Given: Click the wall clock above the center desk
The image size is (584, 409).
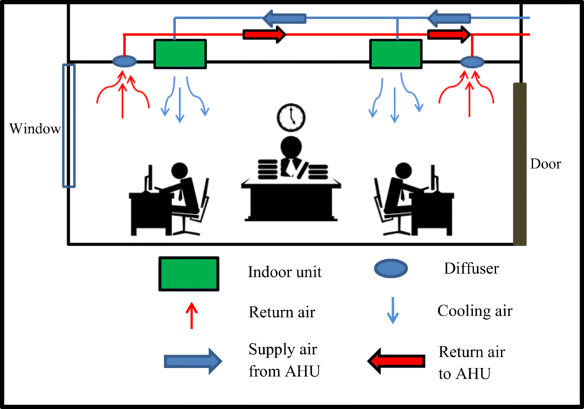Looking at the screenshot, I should (291, 118).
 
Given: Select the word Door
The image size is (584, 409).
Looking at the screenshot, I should (546, 164).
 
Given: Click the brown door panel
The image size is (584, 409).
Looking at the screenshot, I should (520, 164).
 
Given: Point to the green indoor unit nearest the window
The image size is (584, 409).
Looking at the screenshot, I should (180, 54).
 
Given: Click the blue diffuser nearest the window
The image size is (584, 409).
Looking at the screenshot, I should (124, 62).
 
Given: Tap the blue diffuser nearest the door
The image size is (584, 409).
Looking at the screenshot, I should (472, 62).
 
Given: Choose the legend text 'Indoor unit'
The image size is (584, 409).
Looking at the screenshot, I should (284, 272).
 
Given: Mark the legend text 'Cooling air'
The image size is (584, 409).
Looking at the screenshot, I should (475, 311).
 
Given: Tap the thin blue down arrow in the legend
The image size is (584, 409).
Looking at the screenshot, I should (393, 311).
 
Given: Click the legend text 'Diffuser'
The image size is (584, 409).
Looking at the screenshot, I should (471, 268).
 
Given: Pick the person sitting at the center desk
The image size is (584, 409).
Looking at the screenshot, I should (291, 155).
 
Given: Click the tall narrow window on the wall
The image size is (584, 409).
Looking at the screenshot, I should (69, 125).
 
